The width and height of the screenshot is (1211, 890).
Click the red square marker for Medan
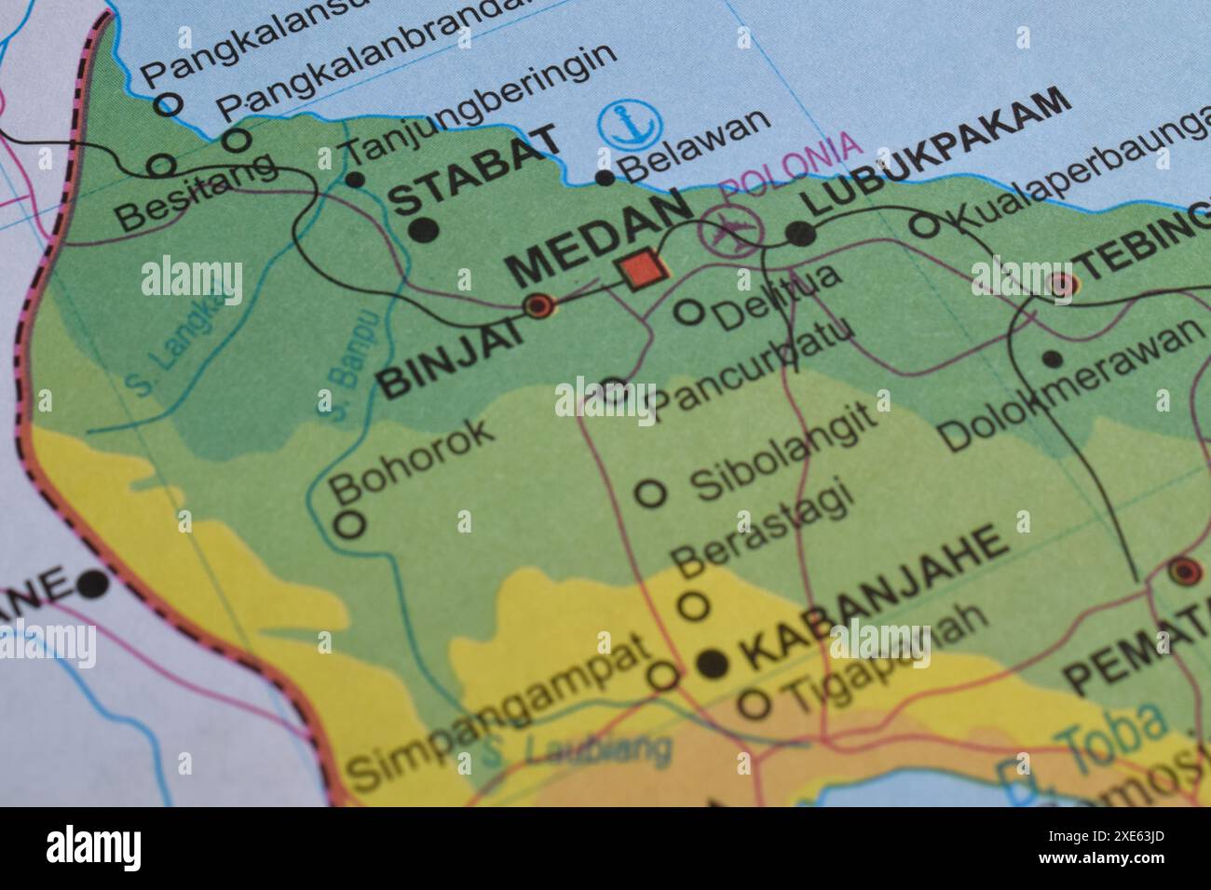click(642, 270)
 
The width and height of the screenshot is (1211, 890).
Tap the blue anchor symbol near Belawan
click(631, 127)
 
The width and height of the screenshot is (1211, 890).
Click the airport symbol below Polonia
click(732, 229)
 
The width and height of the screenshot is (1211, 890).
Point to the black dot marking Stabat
click(423, 229)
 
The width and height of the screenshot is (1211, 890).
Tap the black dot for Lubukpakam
click(800, 235)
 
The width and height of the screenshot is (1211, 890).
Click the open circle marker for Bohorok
click(349, 523)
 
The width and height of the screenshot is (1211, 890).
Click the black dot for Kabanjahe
click(713, 663)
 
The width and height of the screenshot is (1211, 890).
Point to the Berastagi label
click(763, 527)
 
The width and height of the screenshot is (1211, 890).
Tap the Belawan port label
click(696, 148)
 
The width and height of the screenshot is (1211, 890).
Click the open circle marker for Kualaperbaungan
click(924, 224)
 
